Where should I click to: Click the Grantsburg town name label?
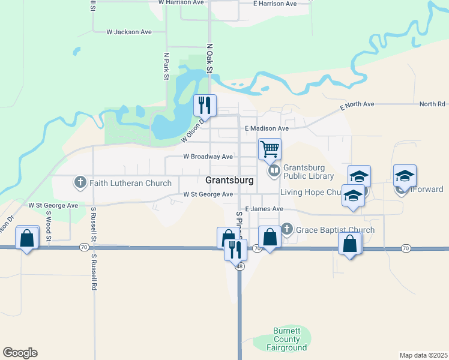pos(229,180)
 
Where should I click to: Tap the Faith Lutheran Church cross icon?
pos(80,182)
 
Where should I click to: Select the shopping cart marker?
pos(270,148)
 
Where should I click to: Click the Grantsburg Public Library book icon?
pos(274,172)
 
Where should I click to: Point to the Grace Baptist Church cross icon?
pos(287,229)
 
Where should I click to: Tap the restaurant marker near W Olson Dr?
pos(205,106)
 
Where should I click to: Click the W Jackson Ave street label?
pos(128,32)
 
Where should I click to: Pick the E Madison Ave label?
pos(267,128)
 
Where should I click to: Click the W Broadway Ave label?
pos(207,157)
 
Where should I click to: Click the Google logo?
pos(20,353)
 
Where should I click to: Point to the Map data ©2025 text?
pos(423,355)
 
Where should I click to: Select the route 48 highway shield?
pos(239,266)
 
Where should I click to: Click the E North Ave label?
pos(357,104)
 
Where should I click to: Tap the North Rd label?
pos(432,104)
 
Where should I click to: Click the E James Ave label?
pos(264,209)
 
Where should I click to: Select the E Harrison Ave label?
pos(275,4)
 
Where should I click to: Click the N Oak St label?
pos(209,59)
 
